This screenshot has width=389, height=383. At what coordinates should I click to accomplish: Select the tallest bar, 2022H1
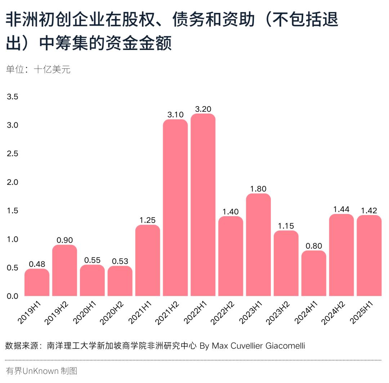point(203,205)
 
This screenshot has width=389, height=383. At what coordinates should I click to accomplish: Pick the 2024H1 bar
point(314,273)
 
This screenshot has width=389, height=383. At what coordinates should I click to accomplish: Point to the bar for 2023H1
point(259,245)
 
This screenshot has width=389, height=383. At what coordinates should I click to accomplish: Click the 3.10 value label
point(175,115)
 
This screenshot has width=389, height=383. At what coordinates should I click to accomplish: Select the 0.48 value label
point(37,264)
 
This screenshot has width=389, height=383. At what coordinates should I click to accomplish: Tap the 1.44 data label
point(341,209)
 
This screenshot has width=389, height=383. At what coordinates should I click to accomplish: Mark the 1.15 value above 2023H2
point(286,226)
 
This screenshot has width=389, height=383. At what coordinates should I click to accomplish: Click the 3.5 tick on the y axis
point(13,97)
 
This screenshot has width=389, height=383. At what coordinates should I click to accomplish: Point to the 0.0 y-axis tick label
point(13,296)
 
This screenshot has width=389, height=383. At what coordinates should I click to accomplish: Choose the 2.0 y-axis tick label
point(13,182)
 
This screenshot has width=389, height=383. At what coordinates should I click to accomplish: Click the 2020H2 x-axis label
point(112,313)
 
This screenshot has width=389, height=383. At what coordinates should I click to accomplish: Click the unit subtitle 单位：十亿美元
point(38,69)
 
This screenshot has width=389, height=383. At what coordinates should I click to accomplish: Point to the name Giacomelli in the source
point(285,346)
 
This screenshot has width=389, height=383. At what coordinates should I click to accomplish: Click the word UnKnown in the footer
point(40,371)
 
